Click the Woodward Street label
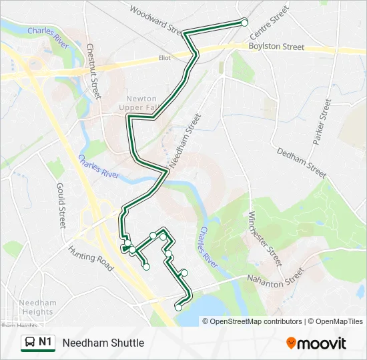click(x=155, y=20)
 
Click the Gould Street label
click(x=61, y=205)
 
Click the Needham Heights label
click(x=37, y=307)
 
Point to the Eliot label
click(x=163, y=58)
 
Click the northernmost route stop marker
click(x=244, y=22)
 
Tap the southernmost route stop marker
click(x=178, y=307)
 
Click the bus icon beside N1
click(x=29, y=343)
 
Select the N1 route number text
click(x=45, y=343)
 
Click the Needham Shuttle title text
click(x=103, y=343)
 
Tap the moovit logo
click(x=316, y=343)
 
